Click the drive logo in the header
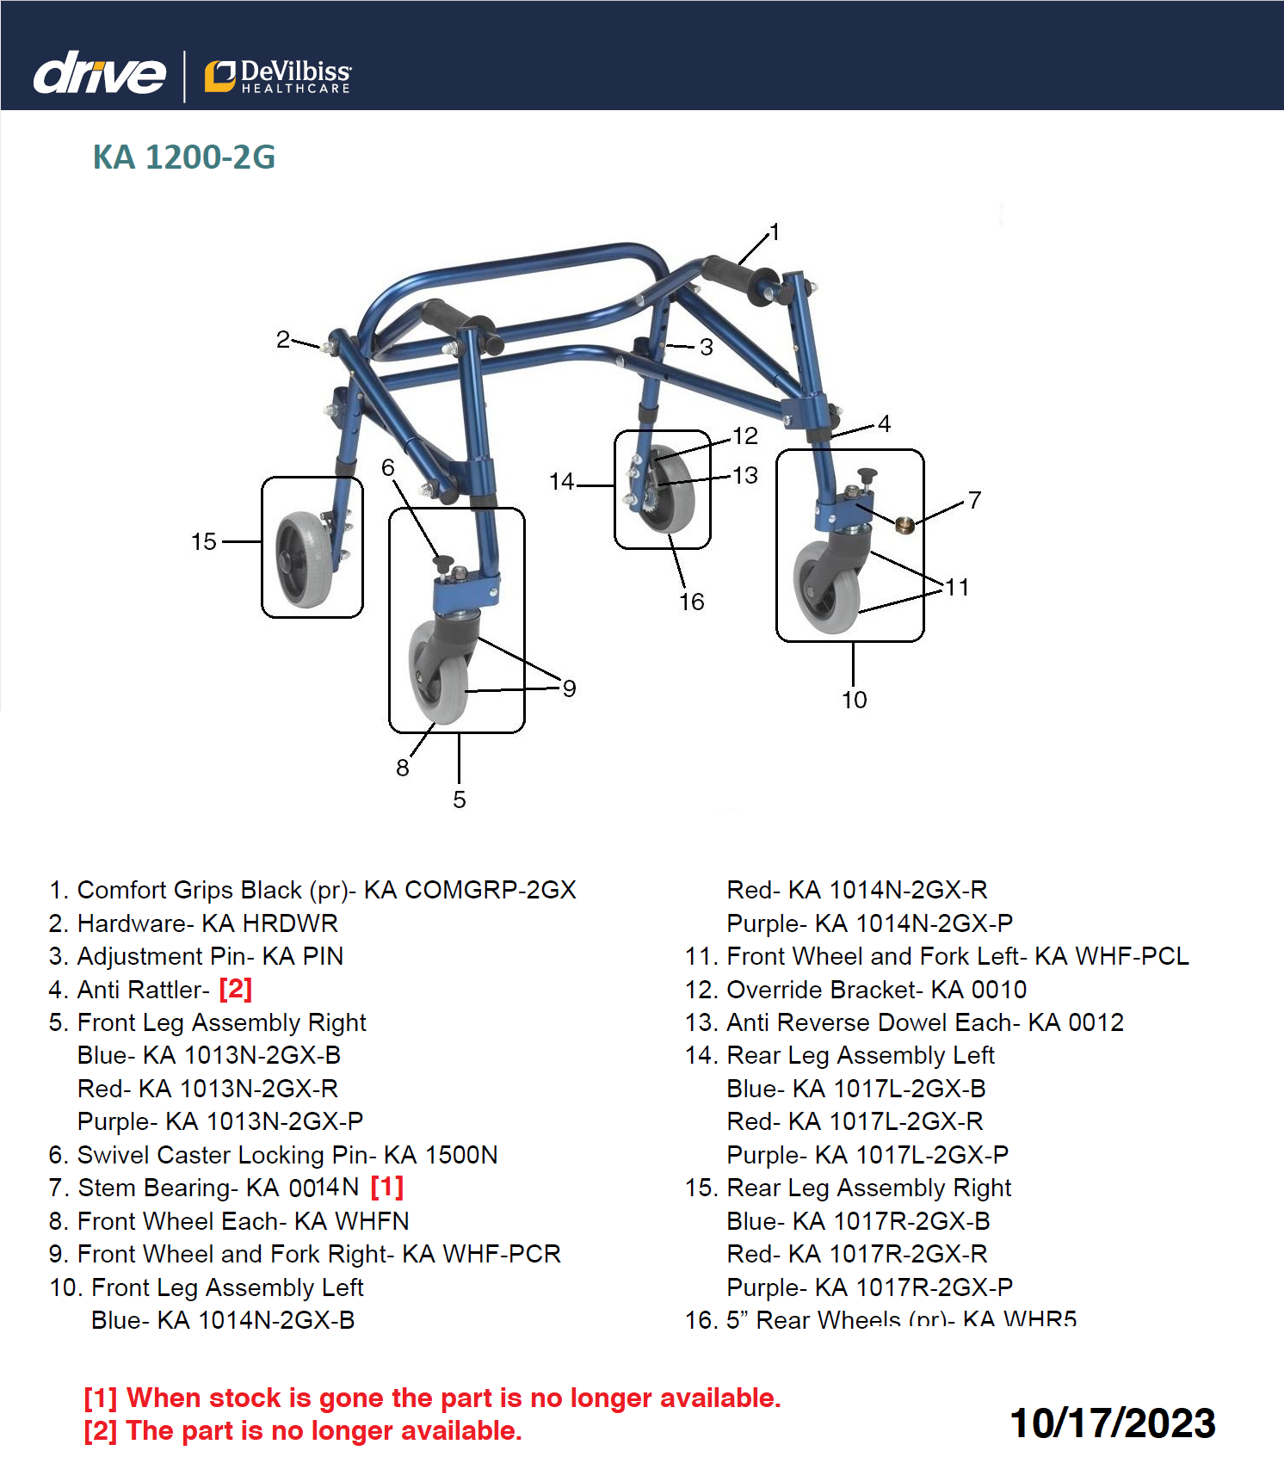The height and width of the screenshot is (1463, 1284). [99, 73]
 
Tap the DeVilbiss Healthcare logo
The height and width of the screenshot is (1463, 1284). [278, 76]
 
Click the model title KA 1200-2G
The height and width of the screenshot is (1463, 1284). [184, 157]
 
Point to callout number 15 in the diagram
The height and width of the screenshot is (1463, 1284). [204, 541]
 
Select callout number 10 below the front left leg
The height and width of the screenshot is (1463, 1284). [854, 700]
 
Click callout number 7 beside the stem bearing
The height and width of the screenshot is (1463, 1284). [974, 500]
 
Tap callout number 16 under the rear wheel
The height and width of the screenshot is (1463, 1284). [691, 602]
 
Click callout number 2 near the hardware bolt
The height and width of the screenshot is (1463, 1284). [283, 339]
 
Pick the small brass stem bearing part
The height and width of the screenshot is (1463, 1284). [903, 524]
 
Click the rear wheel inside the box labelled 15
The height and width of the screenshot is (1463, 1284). [304, 559]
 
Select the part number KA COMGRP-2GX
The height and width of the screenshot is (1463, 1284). [470, 890]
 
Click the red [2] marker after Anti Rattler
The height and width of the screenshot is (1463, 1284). [235, 990]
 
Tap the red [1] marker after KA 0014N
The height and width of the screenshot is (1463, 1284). [386, 1188]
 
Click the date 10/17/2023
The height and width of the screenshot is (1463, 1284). [1112, 1423]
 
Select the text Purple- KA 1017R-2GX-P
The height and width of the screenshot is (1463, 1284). [869, 1287]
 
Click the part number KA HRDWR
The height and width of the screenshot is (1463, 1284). [270, 923]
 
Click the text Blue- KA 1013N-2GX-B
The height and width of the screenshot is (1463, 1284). [209, 1055]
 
